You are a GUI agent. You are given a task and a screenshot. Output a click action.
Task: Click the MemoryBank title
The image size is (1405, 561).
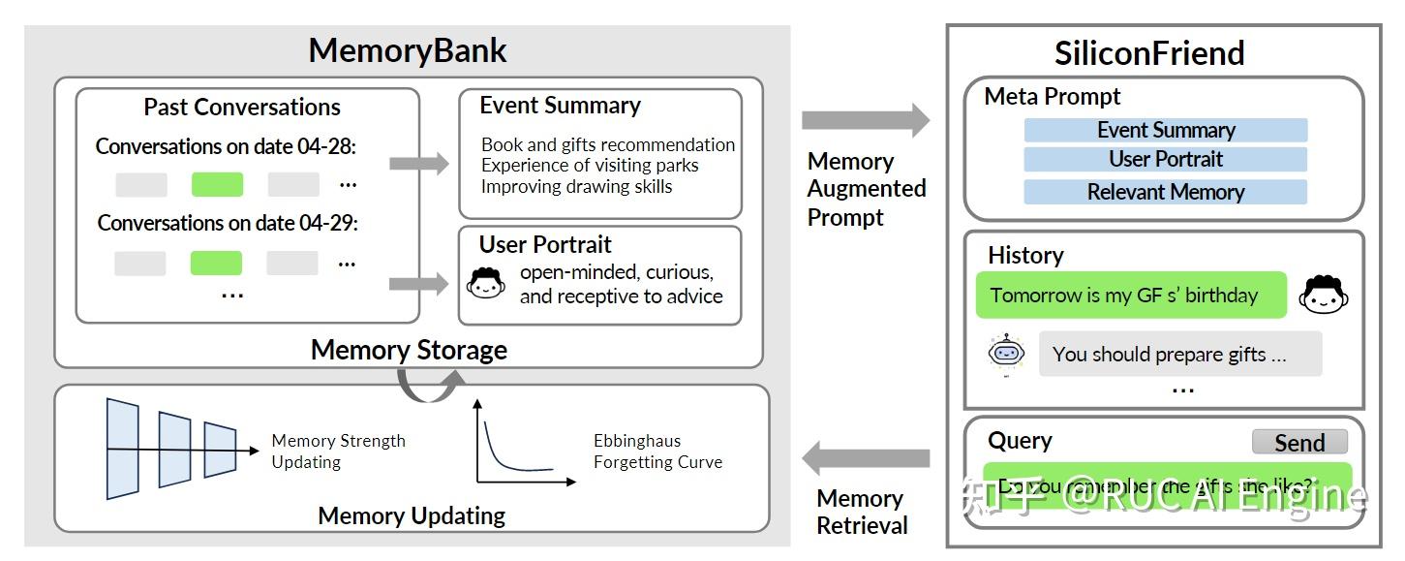(x=408, y=50)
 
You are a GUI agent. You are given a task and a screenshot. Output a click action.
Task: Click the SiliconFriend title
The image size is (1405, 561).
(x=1149, y=53)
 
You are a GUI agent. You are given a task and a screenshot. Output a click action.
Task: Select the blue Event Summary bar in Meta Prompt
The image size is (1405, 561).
(x=1165, y=130)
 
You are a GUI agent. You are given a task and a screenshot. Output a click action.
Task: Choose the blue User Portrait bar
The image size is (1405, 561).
(x=1165, y=159)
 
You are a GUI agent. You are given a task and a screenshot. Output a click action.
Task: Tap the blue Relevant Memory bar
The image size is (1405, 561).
(x=1165, y=192)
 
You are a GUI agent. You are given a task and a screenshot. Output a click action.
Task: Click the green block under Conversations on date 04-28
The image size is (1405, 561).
(x=217, y=184)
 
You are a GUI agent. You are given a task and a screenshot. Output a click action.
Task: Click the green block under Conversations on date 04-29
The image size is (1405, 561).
(x=216, y=263)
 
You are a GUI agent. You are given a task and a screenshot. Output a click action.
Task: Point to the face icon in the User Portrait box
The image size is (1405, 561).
(x=485, y=283)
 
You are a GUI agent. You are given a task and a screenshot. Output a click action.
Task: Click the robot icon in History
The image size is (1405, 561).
(x=1006, y=353)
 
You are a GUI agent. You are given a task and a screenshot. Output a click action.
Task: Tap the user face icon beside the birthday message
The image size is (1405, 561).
(x=1324, y=296)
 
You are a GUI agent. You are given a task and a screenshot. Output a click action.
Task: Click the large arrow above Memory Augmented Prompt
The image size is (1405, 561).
(x=864, y=120)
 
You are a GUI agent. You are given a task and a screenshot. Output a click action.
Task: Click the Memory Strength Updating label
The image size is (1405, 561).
(x=338, y=452)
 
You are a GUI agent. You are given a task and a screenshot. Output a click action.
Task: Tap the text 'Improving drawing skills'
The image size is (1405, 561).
(x=576, y=186)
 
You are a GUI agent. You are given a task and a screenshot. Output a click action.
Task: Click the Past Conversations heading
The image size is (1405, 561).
(x=242, y=107)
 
